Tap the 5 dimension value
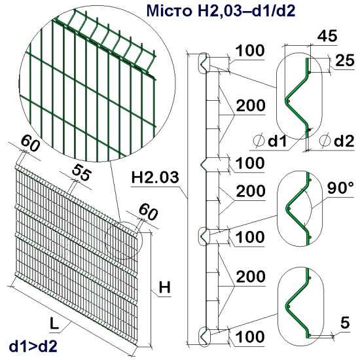[345, 321]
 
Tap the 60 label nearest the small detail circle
[149, 212]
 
